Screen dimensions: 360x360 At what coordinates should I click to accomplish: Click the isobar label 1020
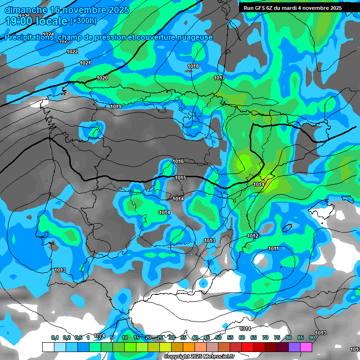(102, 78)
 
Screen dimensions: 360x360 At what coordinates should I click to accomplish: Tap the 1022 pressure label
(72, 52)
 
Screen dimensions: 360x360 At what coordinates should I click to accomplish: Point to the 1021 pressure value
(85, 63)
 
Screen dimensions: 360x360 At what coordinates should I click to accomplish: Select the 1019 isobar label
(116, 107)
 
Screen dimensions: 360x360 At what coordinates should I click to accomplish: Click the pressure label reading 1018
(193, 67)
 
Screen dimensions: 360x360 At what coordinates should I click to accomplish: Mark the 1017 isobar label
(219, 78)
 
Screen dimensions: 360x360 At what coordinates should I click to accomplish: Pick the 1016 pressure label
(178, 161)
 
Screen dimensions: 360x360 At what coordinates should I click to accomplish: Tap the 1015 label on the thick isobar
(181, 178)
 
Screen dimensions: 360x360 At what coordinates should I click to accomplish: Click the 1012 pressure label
(253, 236)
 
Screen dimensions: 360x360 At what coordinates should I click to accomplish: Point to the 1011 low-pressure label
(274, 248)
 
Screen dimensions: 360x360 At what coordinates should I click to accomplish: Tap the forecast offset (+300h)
(83, 21)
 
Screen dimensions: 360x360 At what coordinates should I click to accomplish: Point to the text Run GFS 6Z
(261, 8)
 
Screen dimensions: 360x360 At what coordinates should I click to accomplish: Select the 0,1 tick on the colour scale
(55, 337)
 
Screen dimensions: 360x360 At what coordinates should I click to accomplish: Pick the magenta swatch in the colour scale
(306, 347)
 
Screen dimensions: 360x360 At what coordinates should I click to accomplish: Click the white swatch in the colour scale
(48, 347)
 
